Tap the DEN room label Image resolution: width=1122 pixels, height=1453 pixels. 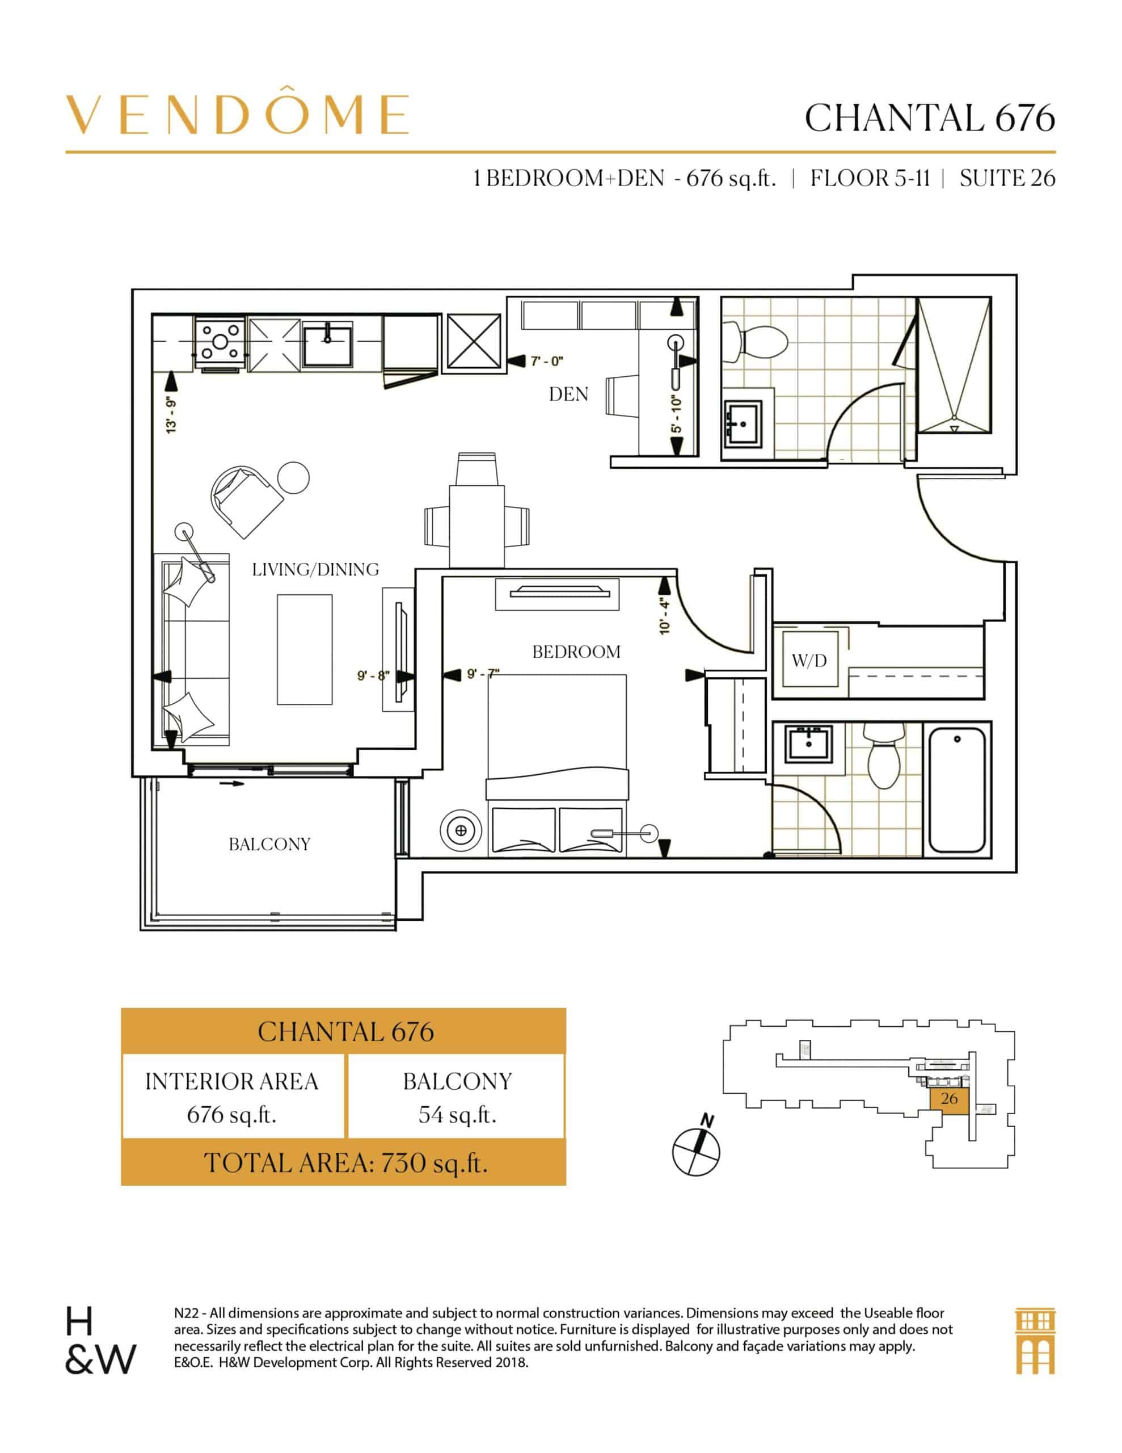tap(568, 394)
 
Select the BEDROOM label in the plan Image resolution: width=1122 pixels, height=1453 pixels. tap(576, 652)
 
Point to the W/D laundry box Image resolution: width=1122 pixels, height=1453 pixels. tap(809, 660)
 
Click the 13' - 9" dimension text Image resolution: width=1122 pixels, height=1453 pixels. tap(172, 416)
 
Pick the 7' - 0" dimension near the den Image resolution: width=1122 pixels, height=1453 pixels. tap(547, 361)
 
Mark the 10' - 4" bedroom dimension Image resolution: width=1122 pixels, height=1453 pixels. tap(665, 615)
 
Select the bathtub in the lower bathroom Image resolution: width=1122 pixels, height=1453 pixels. tap(956, 790)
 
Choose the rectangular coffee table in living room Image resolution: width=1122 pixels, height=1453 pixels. tap(305, 649)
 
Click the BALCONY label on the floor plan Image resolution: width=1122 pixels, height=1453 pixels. tap(269, 844)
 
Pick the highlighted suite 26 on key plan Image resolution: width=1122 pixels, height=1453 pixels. tap(949, 1098)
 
